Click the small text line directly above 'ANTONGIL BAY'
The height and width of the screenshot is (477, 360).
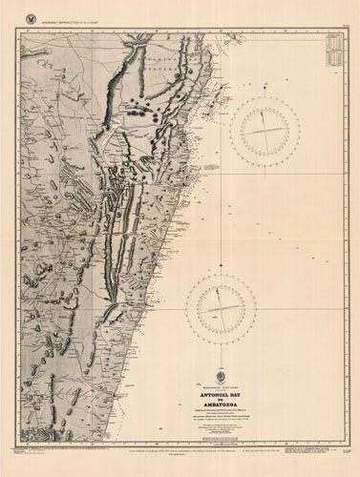click(222, 387)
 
